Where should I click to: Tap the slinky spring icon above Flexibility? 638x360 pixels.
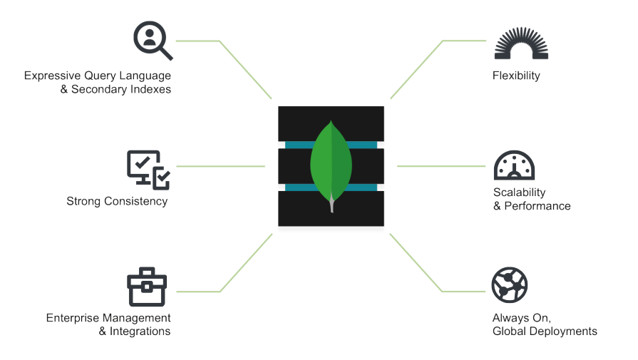[521, 44]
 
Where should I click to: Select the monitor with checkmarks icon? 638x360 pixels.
[148, 169]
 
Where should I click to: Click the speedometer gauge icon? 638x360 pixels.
[514, 165]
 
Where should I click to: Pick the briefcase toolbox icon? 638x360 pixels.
[147, 287]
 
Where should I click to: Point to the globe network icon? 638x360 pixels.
[510, 284]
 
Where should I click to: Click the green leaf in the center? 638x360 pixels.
[331, 163]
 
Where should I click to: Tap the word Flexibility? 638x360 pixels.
[516, 76]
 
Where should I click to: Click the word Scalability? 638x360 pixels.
[519, 192]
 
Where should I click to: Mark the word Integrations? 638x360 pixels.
[140, 331]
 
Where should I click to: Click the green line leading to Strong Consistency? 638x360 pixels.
[221, 166]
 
